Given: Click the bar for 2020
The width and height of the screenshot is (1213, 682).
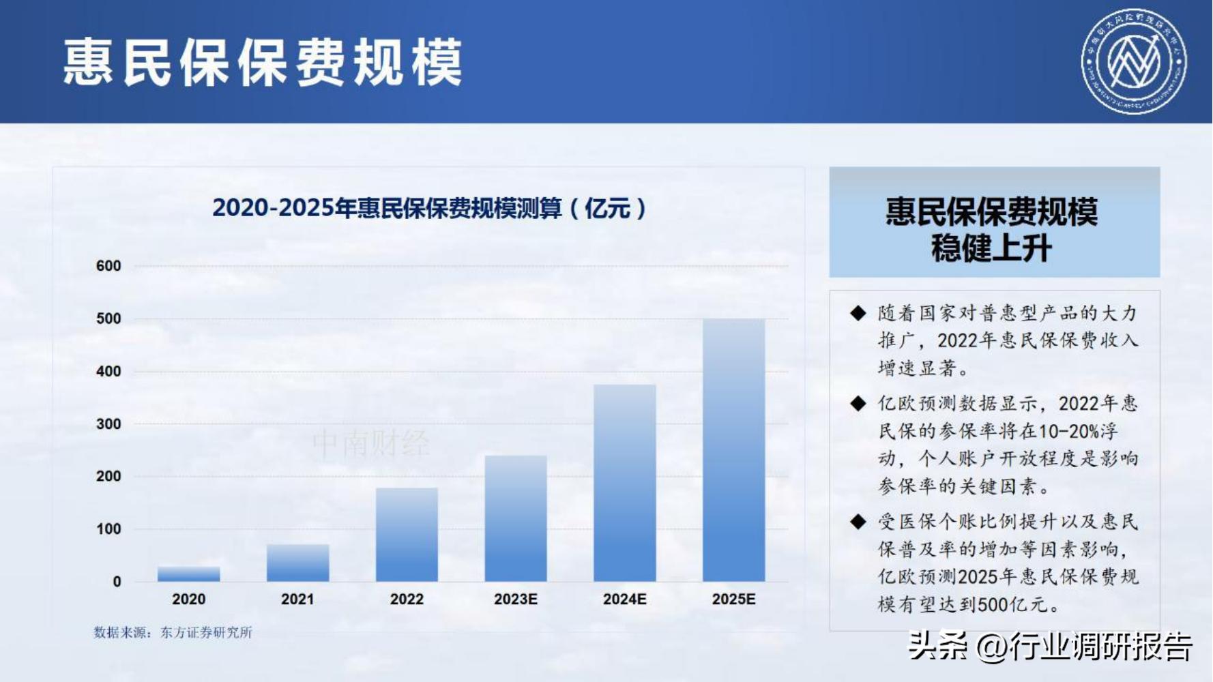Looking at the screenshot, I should (188, 574).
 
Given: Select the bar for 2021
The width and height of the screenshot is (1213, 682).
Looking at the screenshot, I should (297, 563).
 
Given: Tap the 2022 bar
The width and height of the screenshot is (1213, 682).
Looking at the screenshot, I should (407, 535).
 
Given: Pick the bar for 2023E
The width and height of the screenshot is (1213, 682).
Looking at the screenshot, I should (516, 518).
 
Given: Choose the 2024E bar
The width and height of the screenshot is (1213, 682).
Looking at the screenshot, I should (625, 483).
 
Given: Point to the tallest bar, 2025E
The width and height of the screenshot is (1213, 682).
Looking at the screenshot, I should (734, 450).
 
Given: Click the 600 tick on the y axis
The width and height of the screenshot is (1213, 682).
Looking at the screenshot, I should (108, 266).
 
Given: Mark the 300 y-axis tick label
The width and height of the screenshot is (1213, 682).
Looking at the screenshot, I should (108, 424).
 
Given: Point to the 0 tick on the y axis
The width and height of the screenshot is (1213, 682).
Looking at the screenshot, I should (117, 582).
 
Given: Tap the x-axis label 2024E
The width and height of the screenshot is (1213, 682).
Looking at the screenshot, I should (625, 599).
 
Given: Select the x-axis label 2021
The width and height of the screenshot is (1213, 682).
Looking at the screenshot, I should (297, 599).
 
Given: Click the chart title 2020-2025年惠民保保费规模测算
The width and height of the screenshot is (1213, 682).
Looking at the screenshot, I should (429, 208).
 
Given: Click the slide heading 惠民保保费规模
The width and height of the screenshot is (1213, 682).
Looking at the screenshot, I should (263, 62).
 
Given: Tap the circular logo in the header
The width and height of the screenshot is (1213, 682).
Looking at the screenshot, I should (1134, 61).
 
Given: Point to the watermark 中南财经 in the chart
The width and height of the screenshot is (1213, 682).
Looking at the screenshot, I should (371, 444).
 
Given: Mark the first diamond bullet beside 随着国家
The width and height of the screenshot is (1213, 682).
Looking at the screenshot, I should (858, 313).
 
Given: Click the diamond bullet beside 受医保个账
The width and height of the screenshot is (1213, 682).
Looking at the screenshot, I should (858, 522).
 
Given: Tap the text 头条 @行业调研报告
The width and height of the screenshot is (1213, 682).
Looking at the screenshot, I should (1050, 646).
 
